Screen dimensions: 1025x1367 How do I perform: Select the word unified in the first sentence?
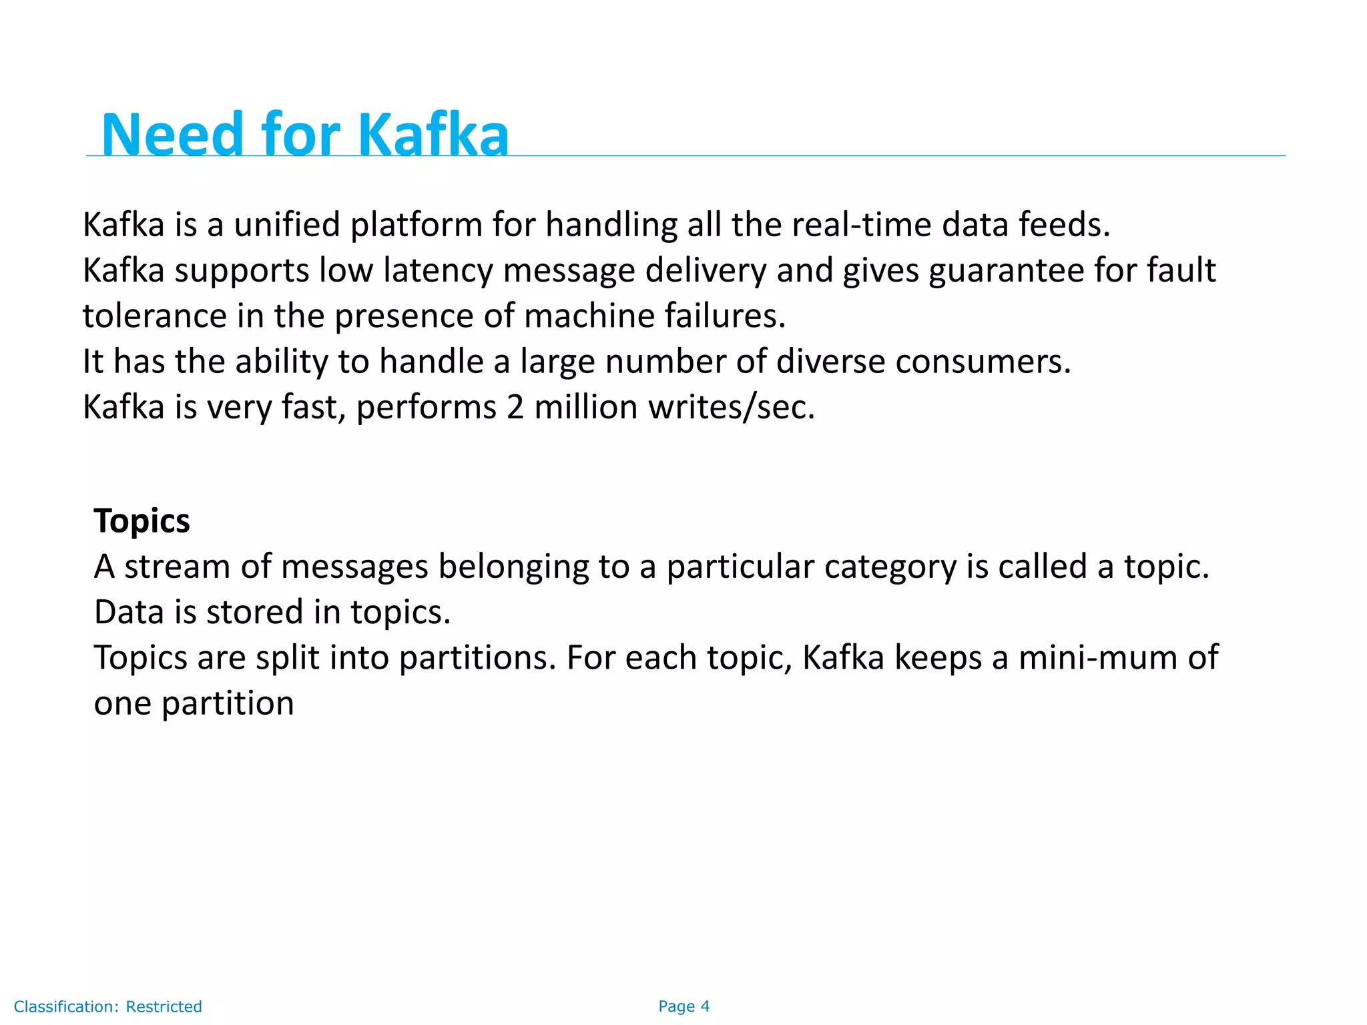287,225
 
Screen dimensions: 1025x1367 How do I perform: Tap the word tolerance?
155,316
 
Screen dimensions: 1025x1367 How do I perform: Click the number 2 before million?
515,407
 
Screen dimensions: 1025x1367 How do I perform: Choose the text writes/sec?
732,407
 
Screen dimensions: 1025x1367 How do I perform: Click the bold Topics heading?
142,521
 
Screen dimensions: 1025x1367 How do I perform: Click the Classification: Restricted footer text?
108,1006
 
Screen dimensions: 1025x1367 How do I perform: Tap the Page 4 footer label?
683,1006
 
